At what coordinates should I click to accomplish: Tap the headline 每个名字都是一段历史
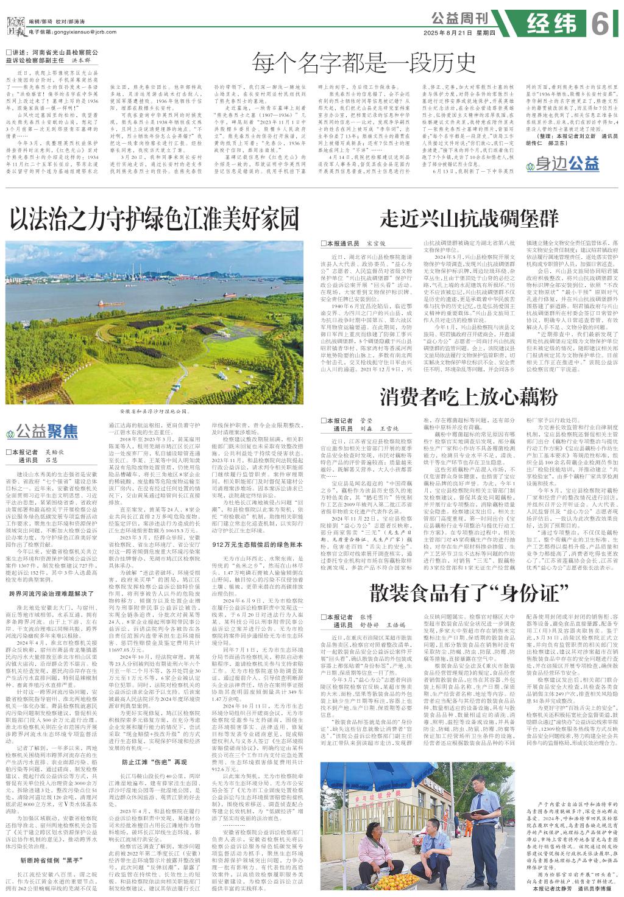point(364,62)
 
